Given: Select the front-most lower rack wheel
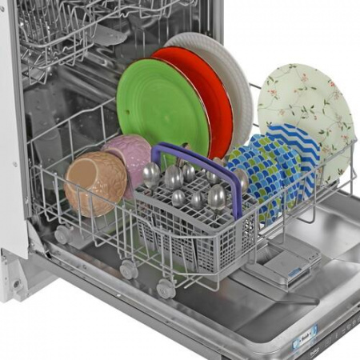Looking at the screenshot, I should click(x=166, y=288).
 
